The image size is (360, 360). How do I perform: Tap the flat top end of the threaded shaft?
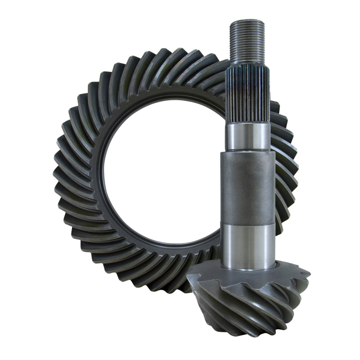point(247,21)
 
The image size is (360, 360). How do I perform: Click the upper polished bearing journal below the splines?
point(248,136)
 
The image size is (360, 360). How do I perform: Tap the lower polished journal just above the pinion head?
point(248,245)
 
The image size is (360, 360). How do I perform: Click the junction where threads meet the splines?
point(247,63)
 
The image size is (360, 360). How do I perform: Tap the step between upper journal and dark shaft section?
point(247,151)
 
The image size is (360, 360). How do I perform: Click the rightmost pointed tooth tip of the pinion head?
point(309,273)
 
